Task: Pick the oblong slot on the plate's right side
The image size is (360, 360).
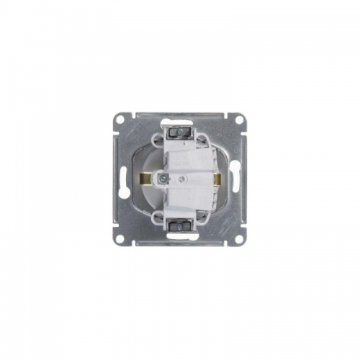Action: coord(235,179)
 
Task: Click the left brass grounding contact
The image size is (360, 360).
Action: coord(145,177)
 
